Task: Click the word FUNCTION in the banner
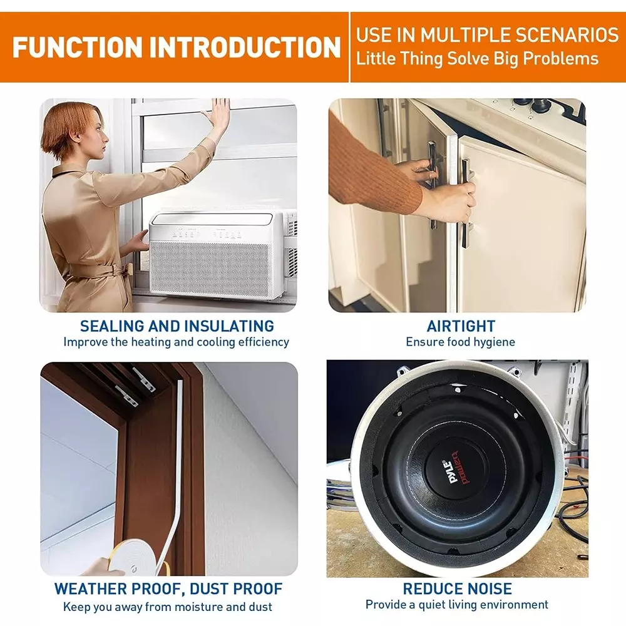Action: point(78,48)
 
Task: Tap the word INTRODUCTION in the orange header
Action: point(245,48)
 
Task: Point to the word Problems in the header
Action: point(560,59)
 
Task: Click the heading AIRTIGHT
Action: point(461,326)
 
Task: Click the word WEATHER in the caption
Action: point(90,589)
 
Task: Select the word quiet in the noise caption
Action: point(432,605)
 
